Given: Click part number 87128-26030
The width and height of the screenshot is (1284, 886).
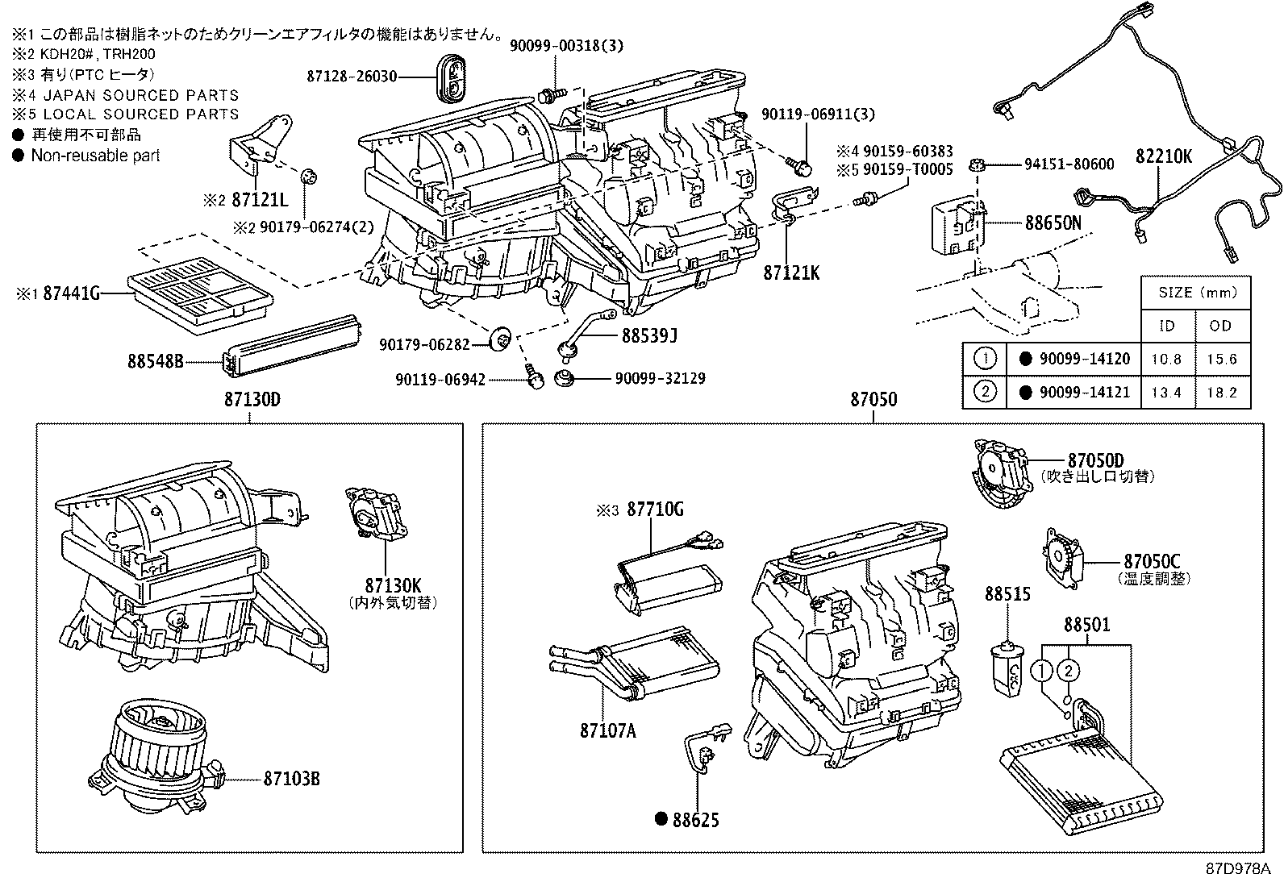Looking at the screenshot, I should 352,77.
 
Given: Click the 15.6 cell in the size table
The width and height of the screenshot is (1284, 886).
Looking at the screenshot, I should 1221,359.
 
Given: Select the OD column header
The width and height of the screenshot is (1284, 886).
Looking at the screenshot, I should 1221,326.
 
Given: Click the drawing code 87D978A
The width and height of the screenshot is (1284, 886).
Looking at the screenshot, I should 1238,869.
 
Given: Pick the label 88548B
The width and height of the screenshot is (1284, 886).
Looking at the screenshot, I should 156,361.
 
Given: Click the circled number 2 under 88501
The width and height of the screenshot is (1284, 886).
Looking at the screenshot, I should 1069,670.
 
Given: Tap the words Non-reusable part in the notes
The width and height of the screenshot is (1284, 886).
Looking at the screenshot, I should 95,156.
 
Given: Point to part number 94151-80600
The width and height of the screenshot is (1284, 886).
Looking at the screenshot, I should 1069,164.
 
